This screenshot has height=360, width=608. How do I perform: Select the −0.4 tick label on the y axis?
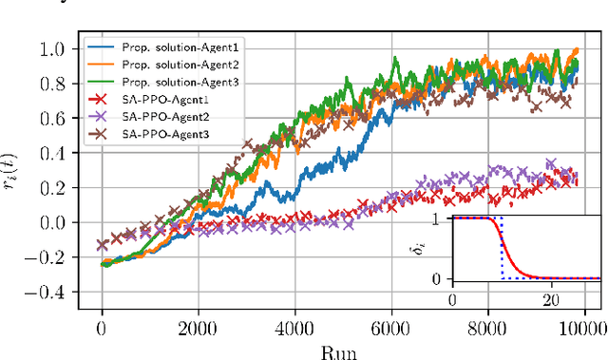click(59, 293)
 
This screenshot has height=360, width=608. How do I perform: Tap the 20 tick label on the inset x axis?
click(547, 299)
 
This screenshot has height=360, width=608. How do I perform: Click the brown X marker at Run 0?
click(102, 244)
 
